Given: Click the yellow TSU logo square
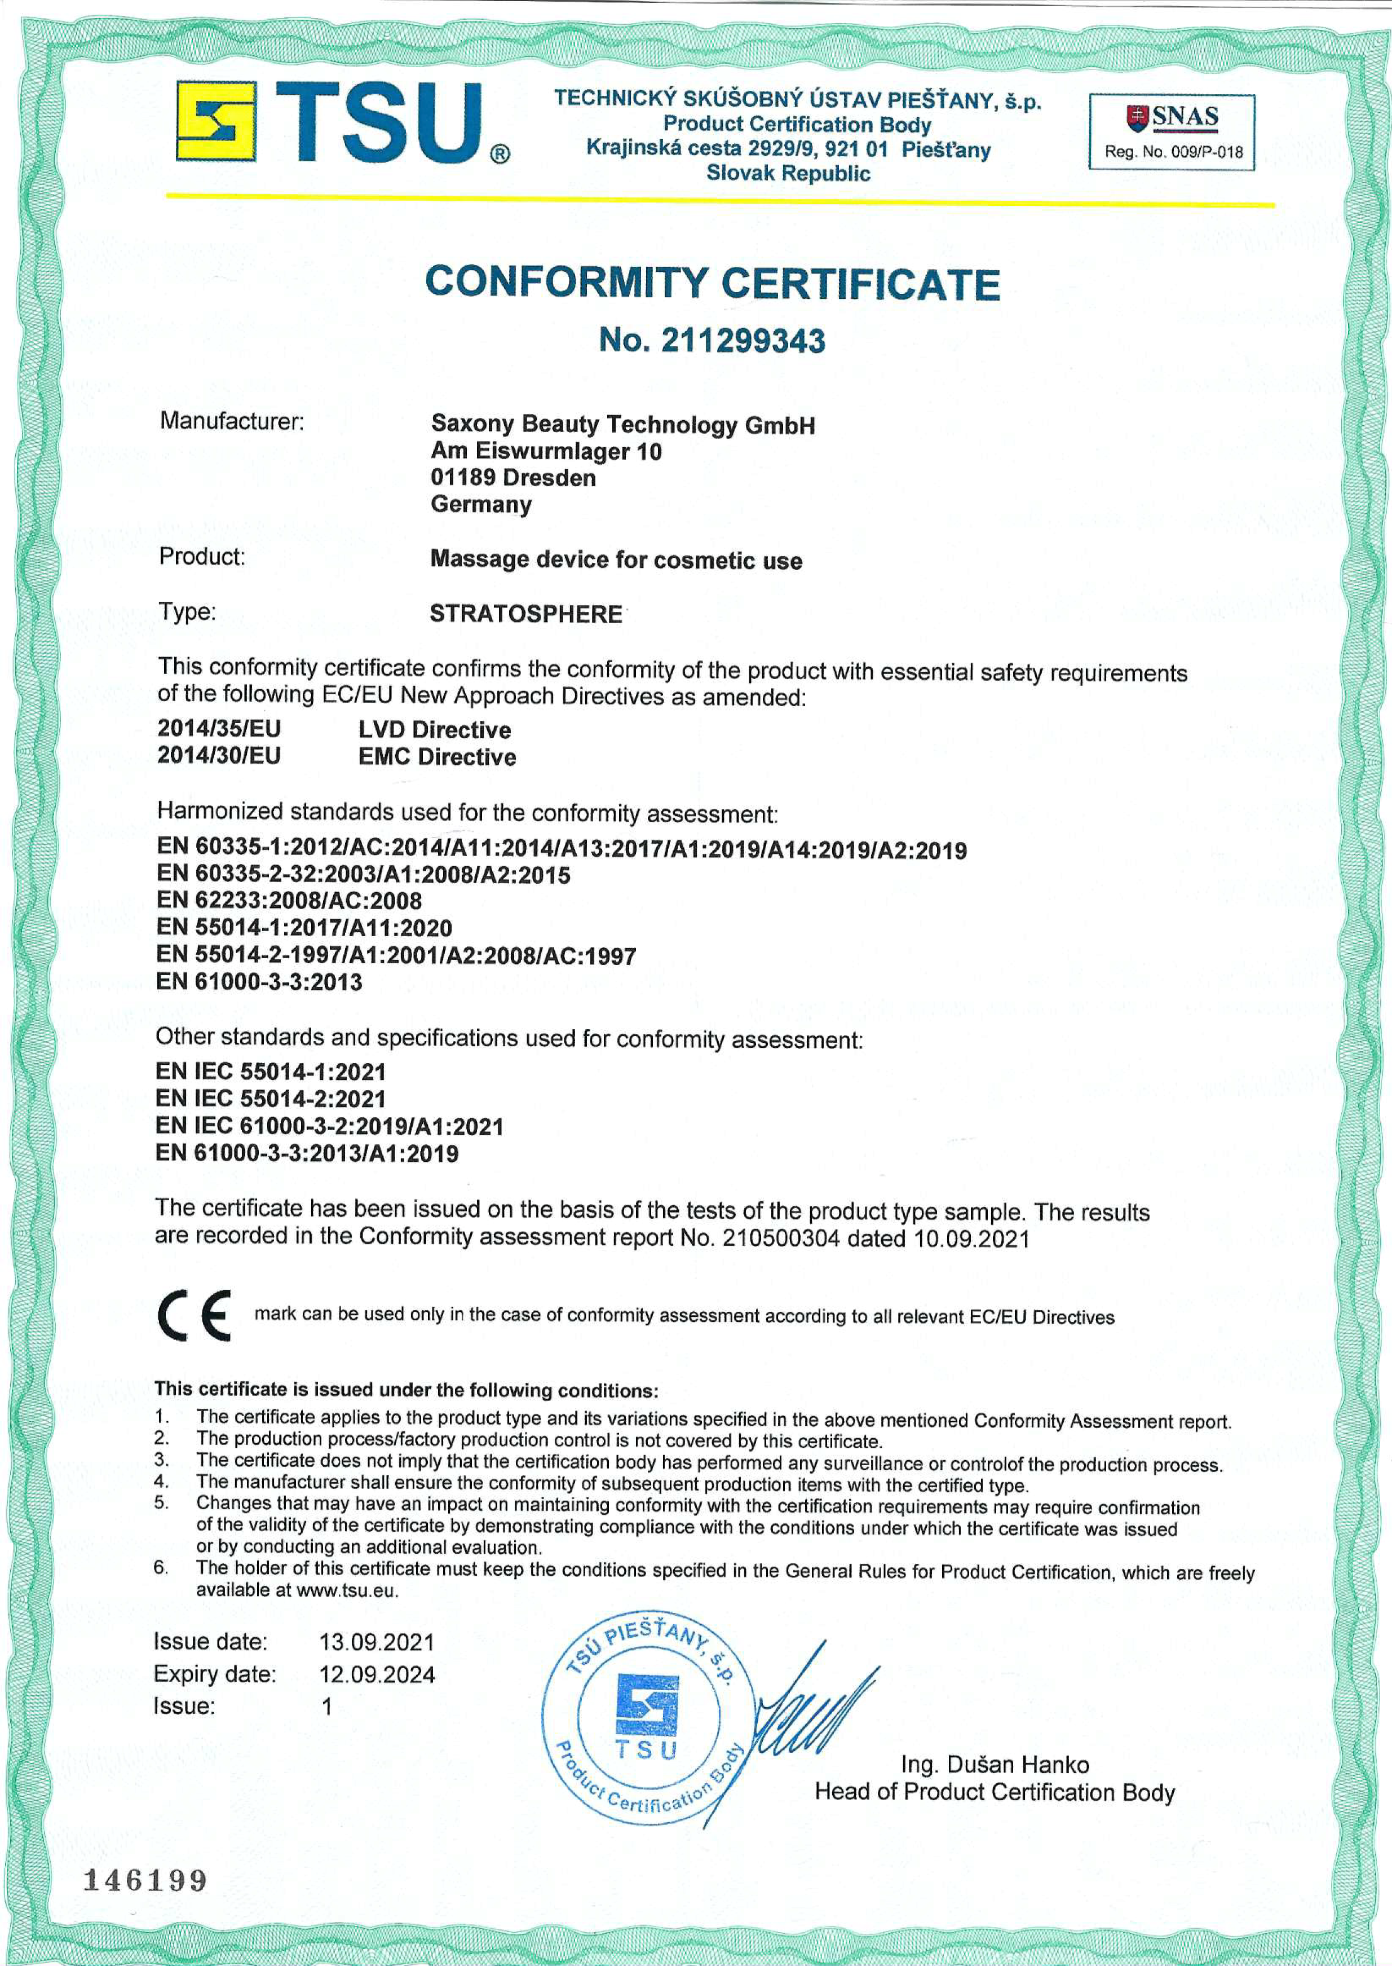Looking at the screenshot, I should pyautogui.click(x=215, y=121).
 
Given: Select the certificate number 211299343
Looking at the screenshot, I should pyautogui.click(x=743, y=341).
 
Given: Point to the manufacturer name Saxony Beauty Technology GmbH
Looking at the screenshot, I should pyautogui.click(x=622, y=425).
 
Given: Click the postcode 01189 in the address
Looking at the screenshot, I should pyautogui.click(x=463, y=478).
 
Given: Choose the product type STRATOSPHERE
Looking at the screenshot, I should pyautogui.click(x=525, y=614).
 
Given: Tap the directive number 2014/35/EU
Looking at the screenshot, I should pyautogui.click(x=219, y=729).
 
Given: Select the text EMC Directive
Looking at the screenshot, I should pyautogui.click(x=437, y=756).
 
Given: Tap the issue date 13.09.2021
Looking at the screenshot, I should pyautogui.click(x=377, y=1642).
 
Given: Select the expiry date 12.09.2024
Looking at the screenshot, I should pyautogui.click(x=377, y=1674).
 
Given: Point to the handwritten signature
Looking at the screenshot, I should pyautogui.click(x=814, y=1706).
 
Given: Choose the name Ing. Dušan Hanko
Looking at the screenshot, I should pyautogui.click(x=995, y=1765).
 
